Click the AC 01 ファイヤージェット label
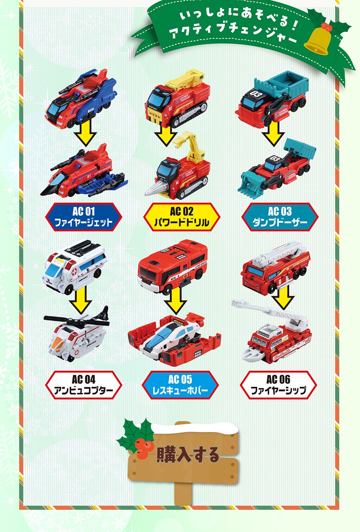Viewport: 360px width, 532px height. [x=84, y=217]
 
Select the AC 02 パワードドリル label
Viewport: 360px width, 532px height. [x=182, y=217]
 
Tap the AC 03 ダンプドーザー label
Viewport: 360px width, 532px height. [x=280, y=217]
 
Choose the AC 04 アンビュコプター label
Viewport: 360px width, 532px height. [x=84, y=385]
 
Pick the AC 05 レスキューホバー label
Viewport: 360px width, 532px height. [x=180, y=385]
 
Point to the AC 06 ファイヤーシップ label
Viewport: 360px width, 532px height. [x=278, y=385]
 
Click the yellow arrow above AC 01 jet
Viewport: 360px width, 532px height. [x=85, y=135]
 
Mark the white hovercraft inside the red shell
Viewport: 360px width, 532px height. [x=176, y=334]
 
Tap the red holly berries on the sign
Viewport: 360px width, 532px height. [x=142, y=446]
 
